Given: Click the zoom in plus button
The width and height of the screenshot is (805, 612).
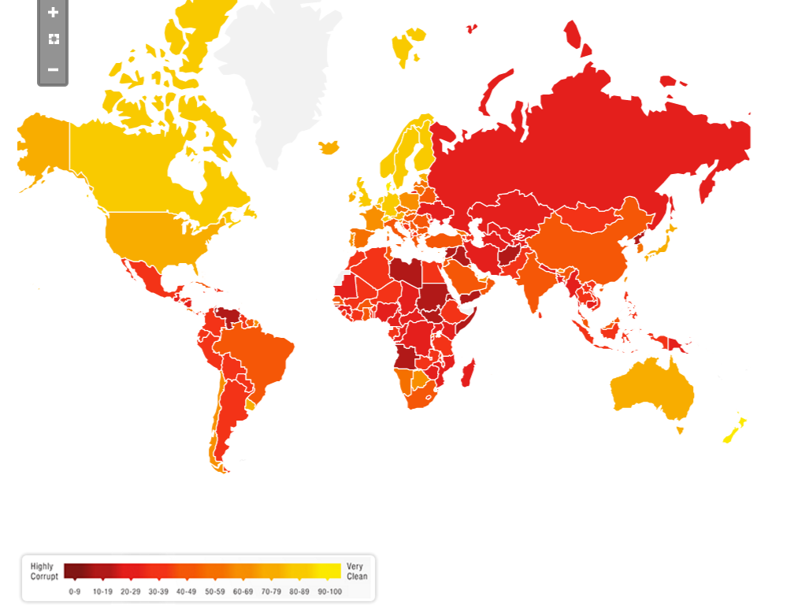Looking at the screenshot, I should coord(53,13).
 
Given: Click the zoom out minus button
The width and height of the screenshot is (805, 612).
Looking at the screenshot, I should coord(53,69).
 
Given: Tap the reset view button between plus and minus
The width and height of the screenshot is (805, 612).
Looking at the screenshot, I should coord(53,39).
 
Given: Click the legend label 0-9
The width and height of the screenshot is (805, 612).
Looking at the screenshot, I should coord(75,592).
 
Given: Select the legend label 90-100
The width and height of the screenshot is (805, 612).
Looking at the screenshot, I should coord(330,592).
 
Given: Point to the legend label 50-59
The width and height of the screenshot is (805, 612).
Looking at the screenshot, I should coord(215,592).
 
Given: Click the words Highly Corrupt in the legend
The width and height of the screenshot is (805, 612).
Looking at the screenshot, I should coord(43,571).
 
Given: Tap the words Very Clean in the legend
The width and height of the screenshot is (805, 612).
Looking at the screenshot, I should coord(356,571).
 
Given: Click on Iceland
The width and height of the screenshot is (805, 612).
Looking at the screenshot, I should coord(329,147).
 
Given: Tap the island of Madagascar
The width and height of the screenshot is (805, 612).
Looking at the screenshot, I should coord(467,373).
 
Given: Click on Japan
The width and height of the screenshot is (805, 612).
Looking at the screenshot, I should coord(660,237).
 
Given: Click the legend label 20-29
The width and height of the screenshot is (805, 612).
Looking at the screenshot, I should coord(130,592).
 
